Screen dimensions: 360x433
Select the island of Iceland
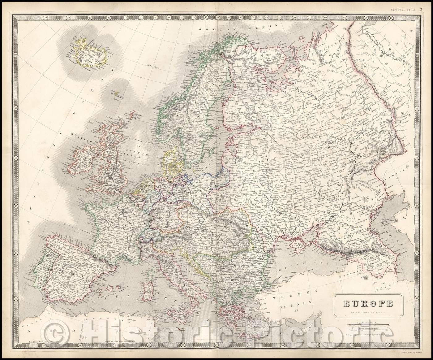[x=88, y=52]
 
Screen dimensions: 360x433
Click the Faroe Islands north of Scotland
[x=115, y=94]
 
